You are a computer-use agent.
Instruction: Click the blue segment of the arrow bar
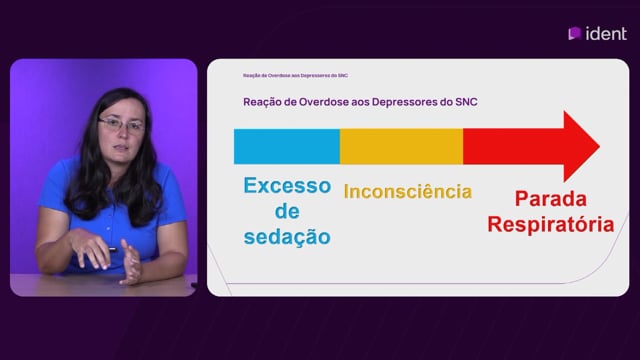(x=287, y=147)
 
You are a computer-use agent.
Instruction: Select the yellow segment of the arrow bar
(x=401, y=147)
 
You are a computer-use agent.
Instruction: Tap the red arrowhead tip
(x=599, y=146)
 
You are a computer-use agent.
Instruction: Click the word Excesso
(x=287, y=186)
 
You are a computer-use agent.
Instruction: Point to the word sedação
(x=287, y=237)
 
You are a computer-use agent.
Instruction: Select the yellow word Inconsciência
(x=408, y=191)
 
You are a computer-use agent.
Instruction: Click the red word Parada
(x=551, y=199)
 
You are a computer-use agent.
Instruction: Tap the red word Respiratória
(x=551, y=224)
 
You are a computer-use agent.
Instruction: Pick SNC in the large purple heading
(x=466, y=102)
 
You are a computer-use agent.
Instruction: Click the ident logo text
(x=606, y=33)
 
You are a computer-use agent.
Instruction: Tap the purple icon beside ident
(x=575, y=33)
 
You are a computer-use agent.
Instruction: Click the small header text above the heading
(x=295, y=76)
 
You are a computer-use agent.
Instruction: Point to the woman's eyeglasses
(x=121, y=124)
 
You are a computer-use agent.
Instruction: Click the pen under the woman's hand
(x=112, y=249)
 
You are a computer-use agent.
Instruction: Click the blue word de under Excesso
(x=287, y=211)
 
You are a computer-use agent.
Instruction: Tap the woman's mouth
(x=122, y=148)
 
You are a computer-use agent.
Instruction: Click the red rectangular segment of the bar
(x=513, y=147)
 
